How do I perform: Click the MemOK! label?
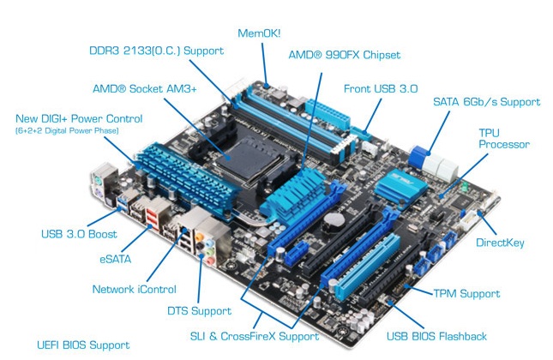259,33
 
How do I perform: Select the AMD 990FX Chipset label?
345,55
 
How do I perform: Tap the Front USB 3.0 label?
381,88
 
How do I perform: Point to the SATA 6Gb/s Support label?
487,102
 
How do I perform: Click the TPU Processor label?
504,139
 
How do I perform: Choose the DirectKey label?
500,243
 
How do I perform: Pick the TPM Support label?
466,293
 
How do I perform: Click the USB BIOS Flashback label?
436,336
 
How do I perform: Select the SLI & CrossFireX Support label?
255,336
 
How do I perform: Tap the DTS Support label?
199,311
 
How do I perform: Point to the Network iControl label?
134,289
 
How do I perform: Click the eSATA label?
116,259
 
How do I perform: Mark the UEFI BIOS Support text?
83,345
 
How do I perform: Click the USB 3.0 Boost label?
79,234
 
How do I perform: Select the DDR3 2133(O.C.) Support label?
157,51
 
